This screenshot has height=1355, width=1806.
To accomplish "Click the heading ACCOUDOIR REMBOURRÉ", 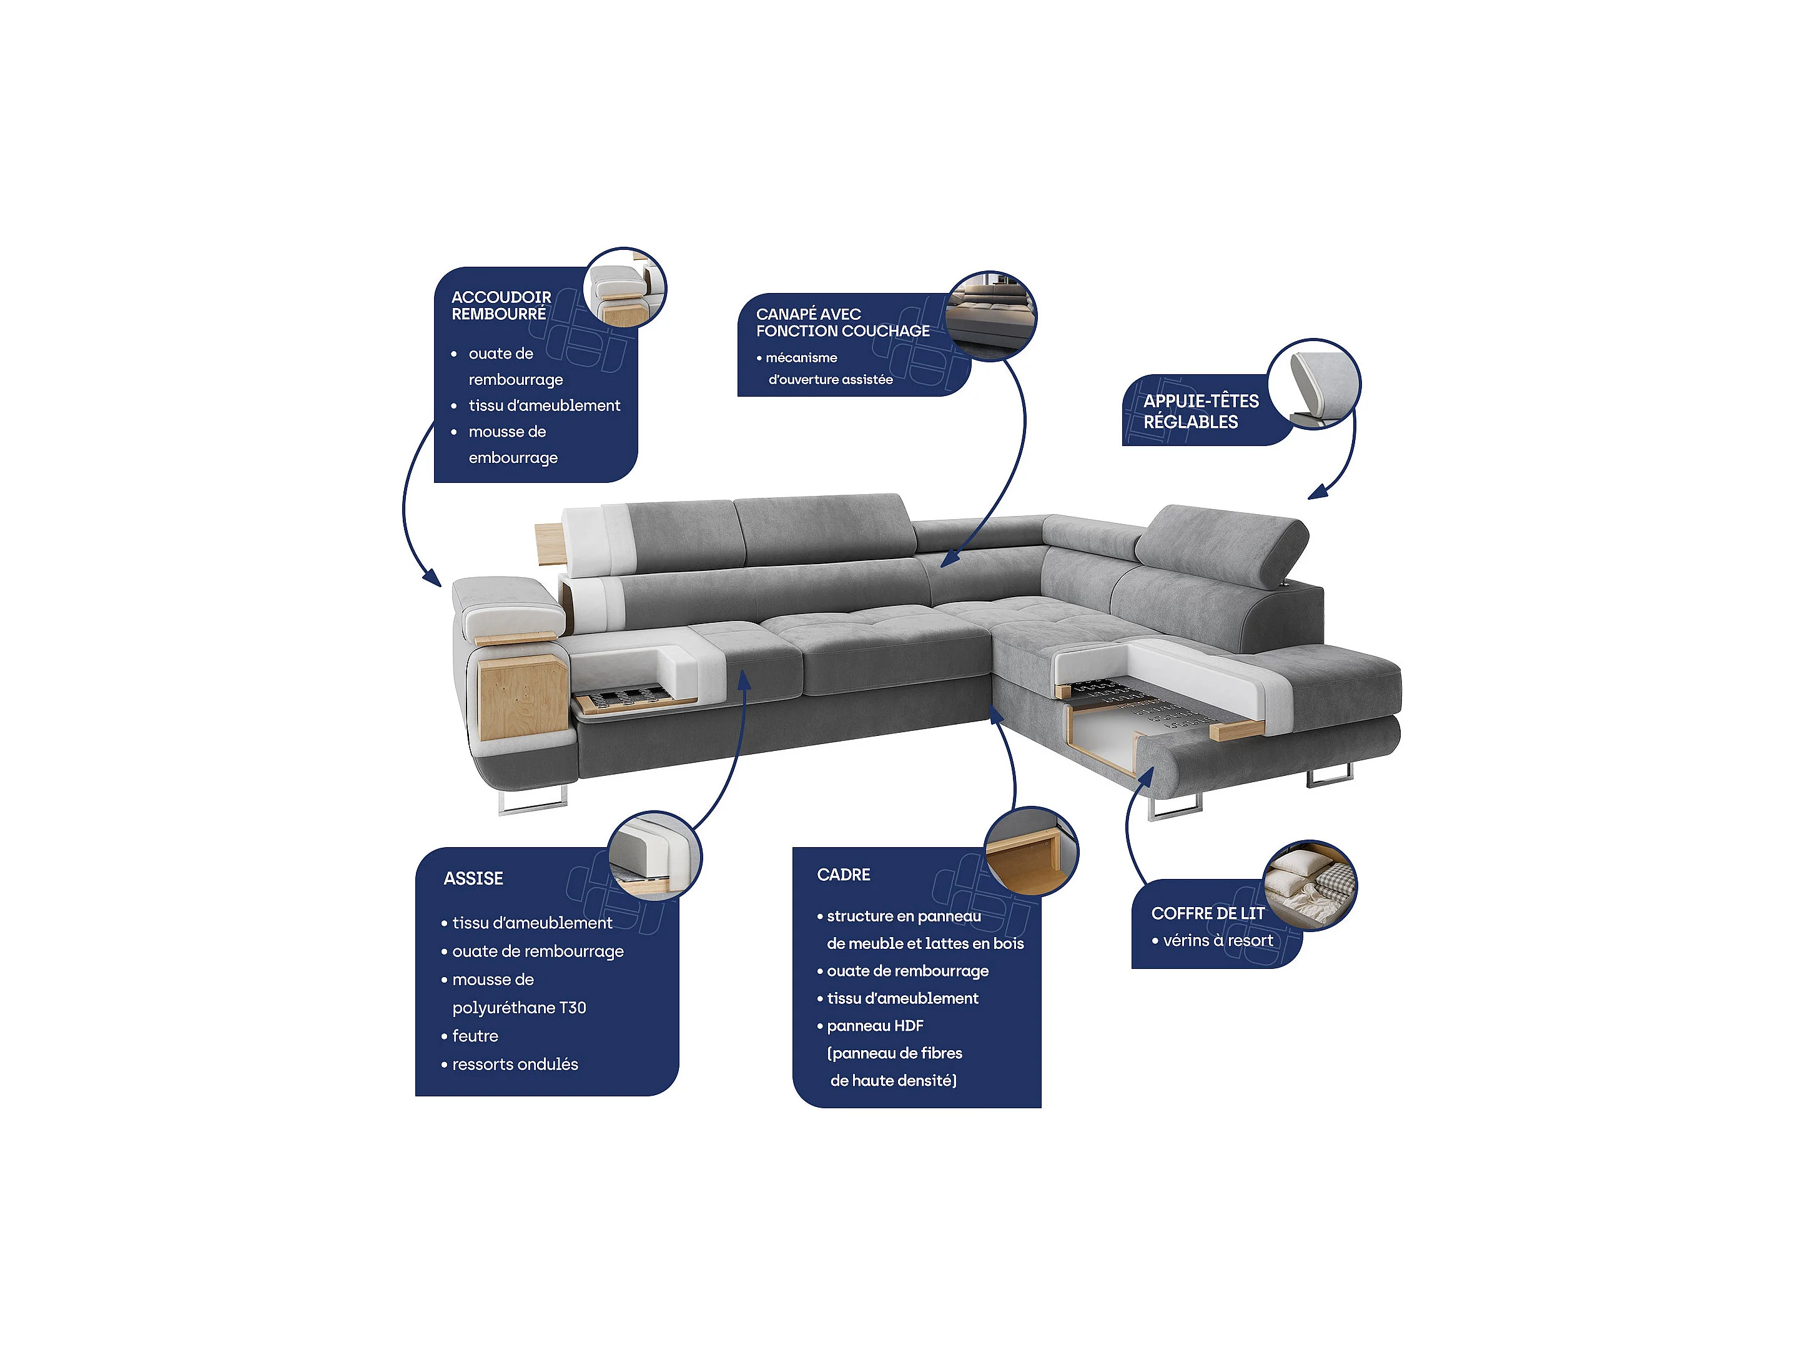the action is pyautogui.click(x=501, y=305).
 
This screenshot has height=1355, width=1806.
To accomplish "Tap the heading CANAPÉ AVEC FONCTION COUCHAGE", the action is pyautogui.click(x=842, y=322).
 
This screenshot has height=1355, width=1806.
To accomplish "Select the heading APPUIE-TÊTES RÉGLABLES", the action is pyautogui.click(x=1201, y=412).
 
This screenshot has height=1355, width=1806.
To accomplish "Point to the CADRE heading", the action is pyautogui.click(x=844, y=875).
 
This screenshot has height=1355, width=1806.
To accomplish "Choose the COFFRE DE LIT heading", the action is pyautogui.click(x=1208, y=913).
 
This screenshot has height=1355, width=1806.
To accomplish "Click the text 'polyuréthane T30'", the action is pyautogui.click(x=520, y=1008).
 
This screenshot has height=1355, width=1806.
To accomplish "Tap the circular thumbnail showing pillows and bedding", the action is pyautogui.click(x=1310, y=885).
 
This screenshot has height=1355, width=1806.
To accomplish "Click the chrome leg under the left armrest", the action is pyautogui.click(x=531, y=800).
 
